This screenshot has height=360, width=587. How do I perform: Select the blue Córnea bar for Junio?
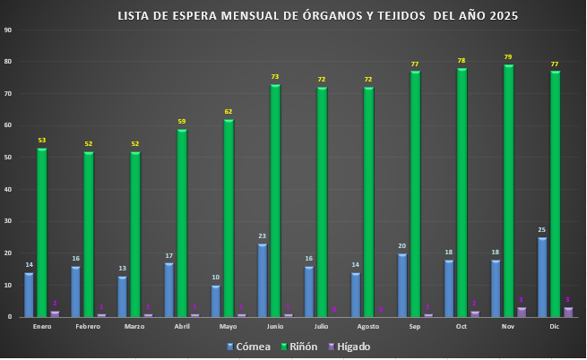tap(263, 280)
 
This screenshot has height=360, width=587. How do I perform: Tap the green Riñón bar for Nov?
tap(508, 191)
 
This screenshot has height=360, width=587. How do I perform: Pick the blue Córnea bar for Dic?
tap(542, 277)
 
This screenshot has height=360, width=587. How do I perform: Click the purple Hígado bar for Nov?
tap(522, 312)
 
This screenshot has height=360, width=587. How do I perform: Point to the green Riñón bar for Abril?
tap(182, 223)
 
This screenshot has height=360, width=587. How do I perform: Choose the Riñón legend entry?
tap(298, 347)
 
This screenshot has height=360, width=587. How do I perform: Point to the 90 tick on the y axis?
tap(8, 30)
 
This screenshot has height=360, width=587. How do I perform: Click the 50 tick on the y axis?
tap(8, 158)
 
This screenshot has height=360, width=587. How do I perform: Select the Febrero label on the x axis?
tap(89, 327)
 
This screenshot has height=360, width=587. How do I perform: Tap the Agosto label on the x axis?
tap(367, 327)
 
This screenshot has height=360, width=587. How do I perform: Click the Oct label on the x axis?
tap(461, 327)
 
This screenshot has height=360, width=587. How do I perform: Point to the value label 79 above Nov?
tap(508, 57)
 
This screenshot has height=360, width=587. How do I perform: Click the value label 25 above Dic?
tap(542, 230)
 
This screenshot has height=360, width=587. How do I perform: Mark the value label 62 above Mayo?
tap(229, 112)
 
